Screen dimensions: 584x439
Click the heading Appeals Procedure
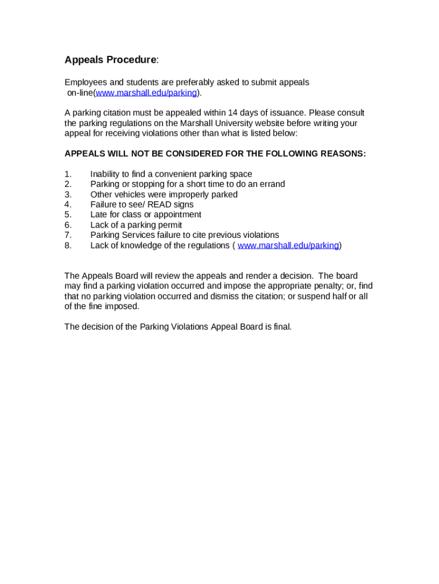pos(110,60)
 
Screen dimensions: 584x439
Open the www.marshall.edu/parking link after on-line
pos(146,92)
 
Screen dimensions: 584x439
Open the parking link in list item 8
pos(288,245)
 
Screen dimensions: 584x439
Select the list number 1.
pos(68,174)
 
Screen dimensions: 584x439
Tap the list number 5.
pos(68,214)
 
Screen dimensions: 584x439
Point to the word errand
pos(271,184)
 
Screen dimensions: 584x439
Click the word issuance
pos(288,112)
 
